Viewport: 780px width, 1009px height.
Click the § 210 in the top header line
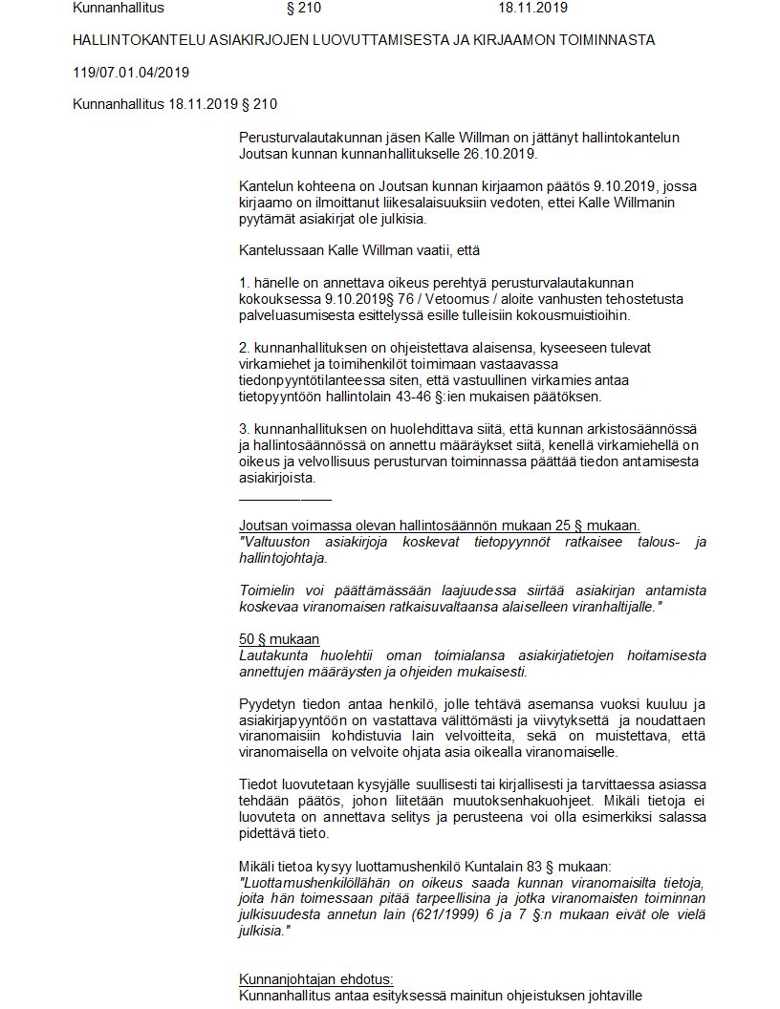[304, 9]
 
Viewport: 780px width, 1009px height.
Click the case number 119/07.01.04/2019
[131, 73]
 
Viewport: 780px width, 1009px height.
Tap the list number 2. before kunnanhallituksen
[245, 349]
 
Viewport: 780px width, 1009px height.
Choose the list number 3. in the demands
[245, 430]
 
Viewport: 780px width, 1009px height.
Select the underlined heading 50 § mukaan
[278, 638]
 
